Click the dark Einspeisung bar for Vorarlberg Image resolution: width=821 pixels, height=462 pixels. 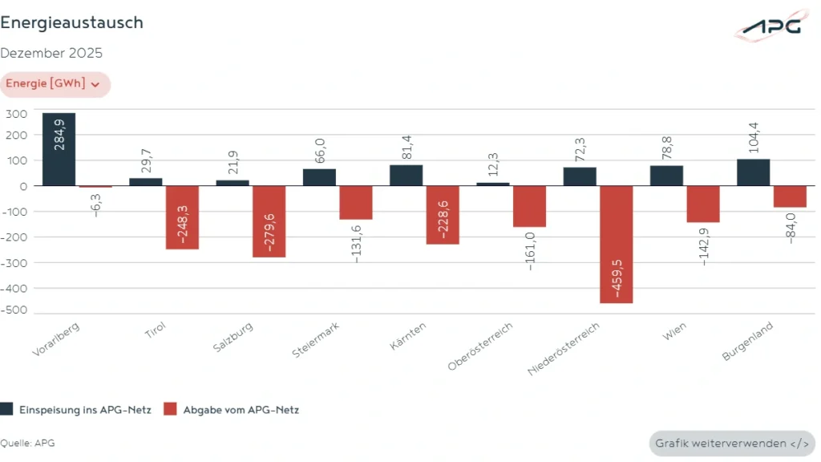pyautogui.click(x=59, y=149)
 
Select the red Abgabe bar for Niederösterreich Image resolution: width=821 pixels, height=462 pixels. pyautogui.click(x=616, y=244)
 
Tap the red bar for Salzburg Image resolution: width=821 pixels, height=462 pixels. pyautogui.click(x=269, y=221)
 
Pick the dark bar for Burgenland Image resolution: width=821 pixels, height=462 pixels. pyautogui.click(x=753, y=172)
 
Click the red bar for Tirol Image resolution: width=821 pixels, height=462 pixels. pyautogui.click(x=182, y=217)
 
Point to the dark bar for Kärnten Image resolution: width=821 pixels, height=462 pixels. pyautogui.click(x=406, y=176)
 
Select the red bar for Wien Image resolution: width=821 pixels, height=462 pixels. pyautogui.click(x=703, y=204)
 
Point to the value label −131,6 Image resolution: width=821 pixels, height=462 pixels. pyautogui.click(x=356, y=241)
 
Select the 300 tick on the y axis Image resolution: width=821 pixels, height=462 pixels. pyautogui.click(x=17, y=114)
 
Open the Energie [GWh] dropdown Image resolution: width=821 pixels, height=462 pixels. pyautogui.click(x=55, y=84)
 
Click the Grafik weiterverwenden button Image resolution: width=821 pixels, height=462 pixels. pyautogui.click(x=731, y=444)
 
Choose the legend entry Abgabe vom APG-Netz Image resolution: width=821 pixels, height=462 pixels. pyautogui.click(x=231, y=409)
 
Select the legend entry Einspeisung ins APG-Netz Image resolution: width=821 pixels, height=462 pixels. pyautogui.click(x=76, y=409)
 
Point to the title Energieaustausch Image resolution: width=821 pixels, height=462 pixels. pyautogui.click(x=72, y=22)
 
